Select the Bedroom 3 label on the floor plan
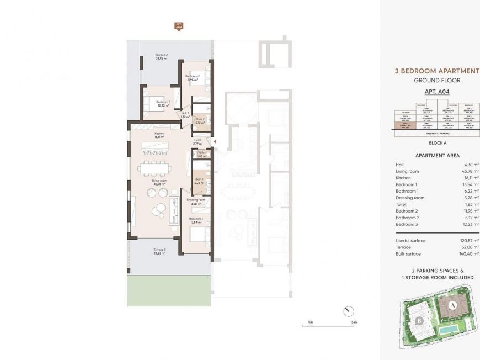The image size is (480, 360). tap(163, 103)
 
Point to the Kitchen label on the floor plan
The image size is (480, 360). tap(159, 134)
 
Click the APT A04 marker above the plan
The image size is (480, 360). tap(178, 27)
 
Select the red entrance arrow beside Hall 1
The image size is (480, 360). tap(215, 142)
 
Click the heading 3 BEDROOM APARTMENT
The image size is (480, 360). tap(437, 71)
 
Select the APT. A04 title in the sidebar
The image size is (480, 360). tap(437, 92)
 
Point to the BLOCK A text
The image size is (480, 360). tap(437, 142)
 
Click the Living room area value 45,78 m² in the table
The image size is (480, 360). tap(470, 171)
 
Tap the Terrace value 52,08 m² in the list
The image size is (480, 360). tap(470, 247)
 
